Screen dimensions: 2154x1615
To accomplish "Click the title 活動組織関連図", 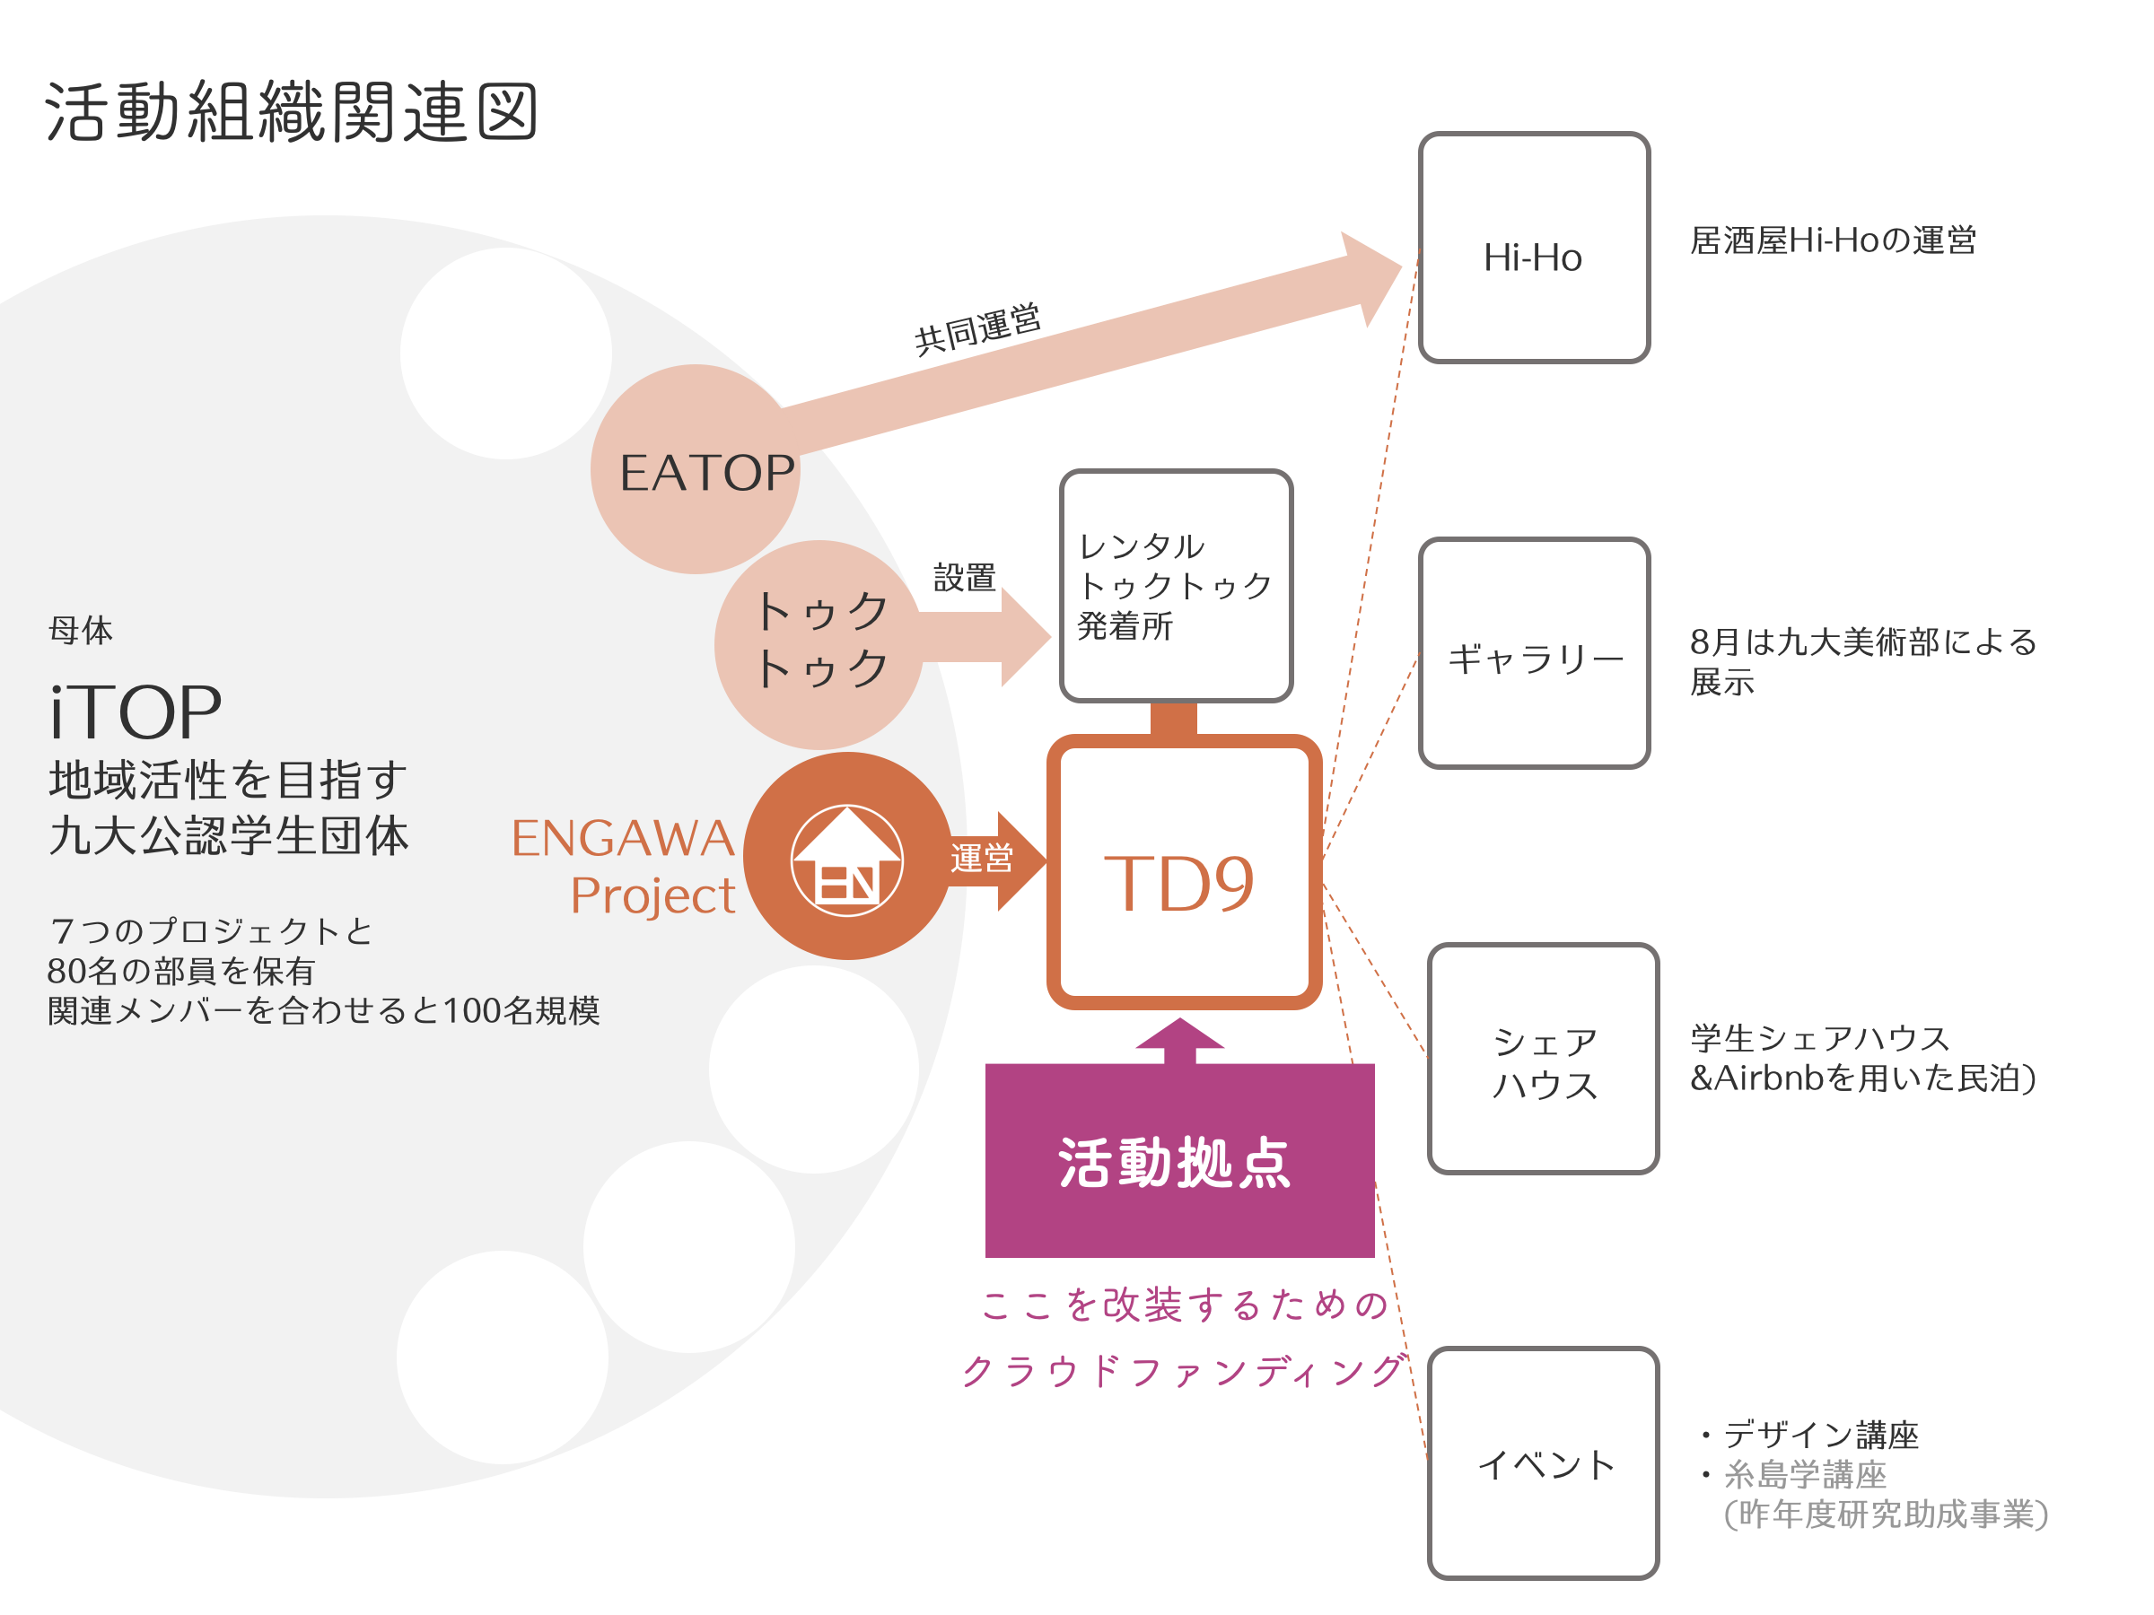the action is point(290,111).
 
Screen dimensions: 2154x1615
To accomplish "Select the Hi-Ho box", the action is point(1534,248).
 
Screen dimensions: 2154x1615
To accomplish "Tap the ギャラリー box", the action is point(1534,652).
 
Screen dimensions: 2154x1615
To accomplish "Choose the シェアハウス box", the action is point(1543,1058).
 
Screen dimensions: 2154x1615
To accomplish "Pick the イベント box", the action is point(1543,1462).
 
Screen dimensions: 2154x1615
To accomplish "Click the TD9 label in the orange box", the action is point(1178,883).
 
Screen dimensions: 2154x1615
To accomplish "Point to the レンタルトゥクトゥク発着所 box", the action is point(1177,585).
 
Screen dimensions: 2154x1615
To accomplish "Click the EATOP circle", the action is point(696,469).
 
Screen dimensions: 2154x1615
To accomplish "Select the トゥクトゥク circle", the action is point(819,644).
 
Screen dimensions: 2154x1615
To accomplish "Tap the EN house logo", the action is point(846,860).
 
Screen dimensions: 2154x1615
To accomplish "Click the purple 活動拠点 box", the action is point(1179,1160).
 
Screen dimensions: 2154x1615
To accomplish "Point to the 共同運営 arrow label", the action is point(977,329).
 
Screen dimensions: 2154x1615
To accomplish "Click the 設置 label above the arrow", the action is point(964,577).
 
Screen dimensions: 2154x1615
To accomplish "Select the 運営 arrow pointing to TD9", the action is point(994,860).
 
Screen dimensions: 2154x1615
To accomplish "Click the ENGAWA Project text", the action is point(623,867).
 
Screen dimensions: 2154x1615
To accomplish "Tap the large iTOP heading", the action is point(136,711).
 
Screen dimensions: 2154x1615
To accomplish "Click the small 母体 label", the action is point(81,630).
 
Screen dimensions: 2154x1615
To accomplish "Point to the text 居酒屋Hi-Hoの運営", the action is point(1833,240).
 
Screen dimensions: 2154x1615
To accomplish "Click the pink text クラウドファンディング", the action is point(1183,1370).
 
